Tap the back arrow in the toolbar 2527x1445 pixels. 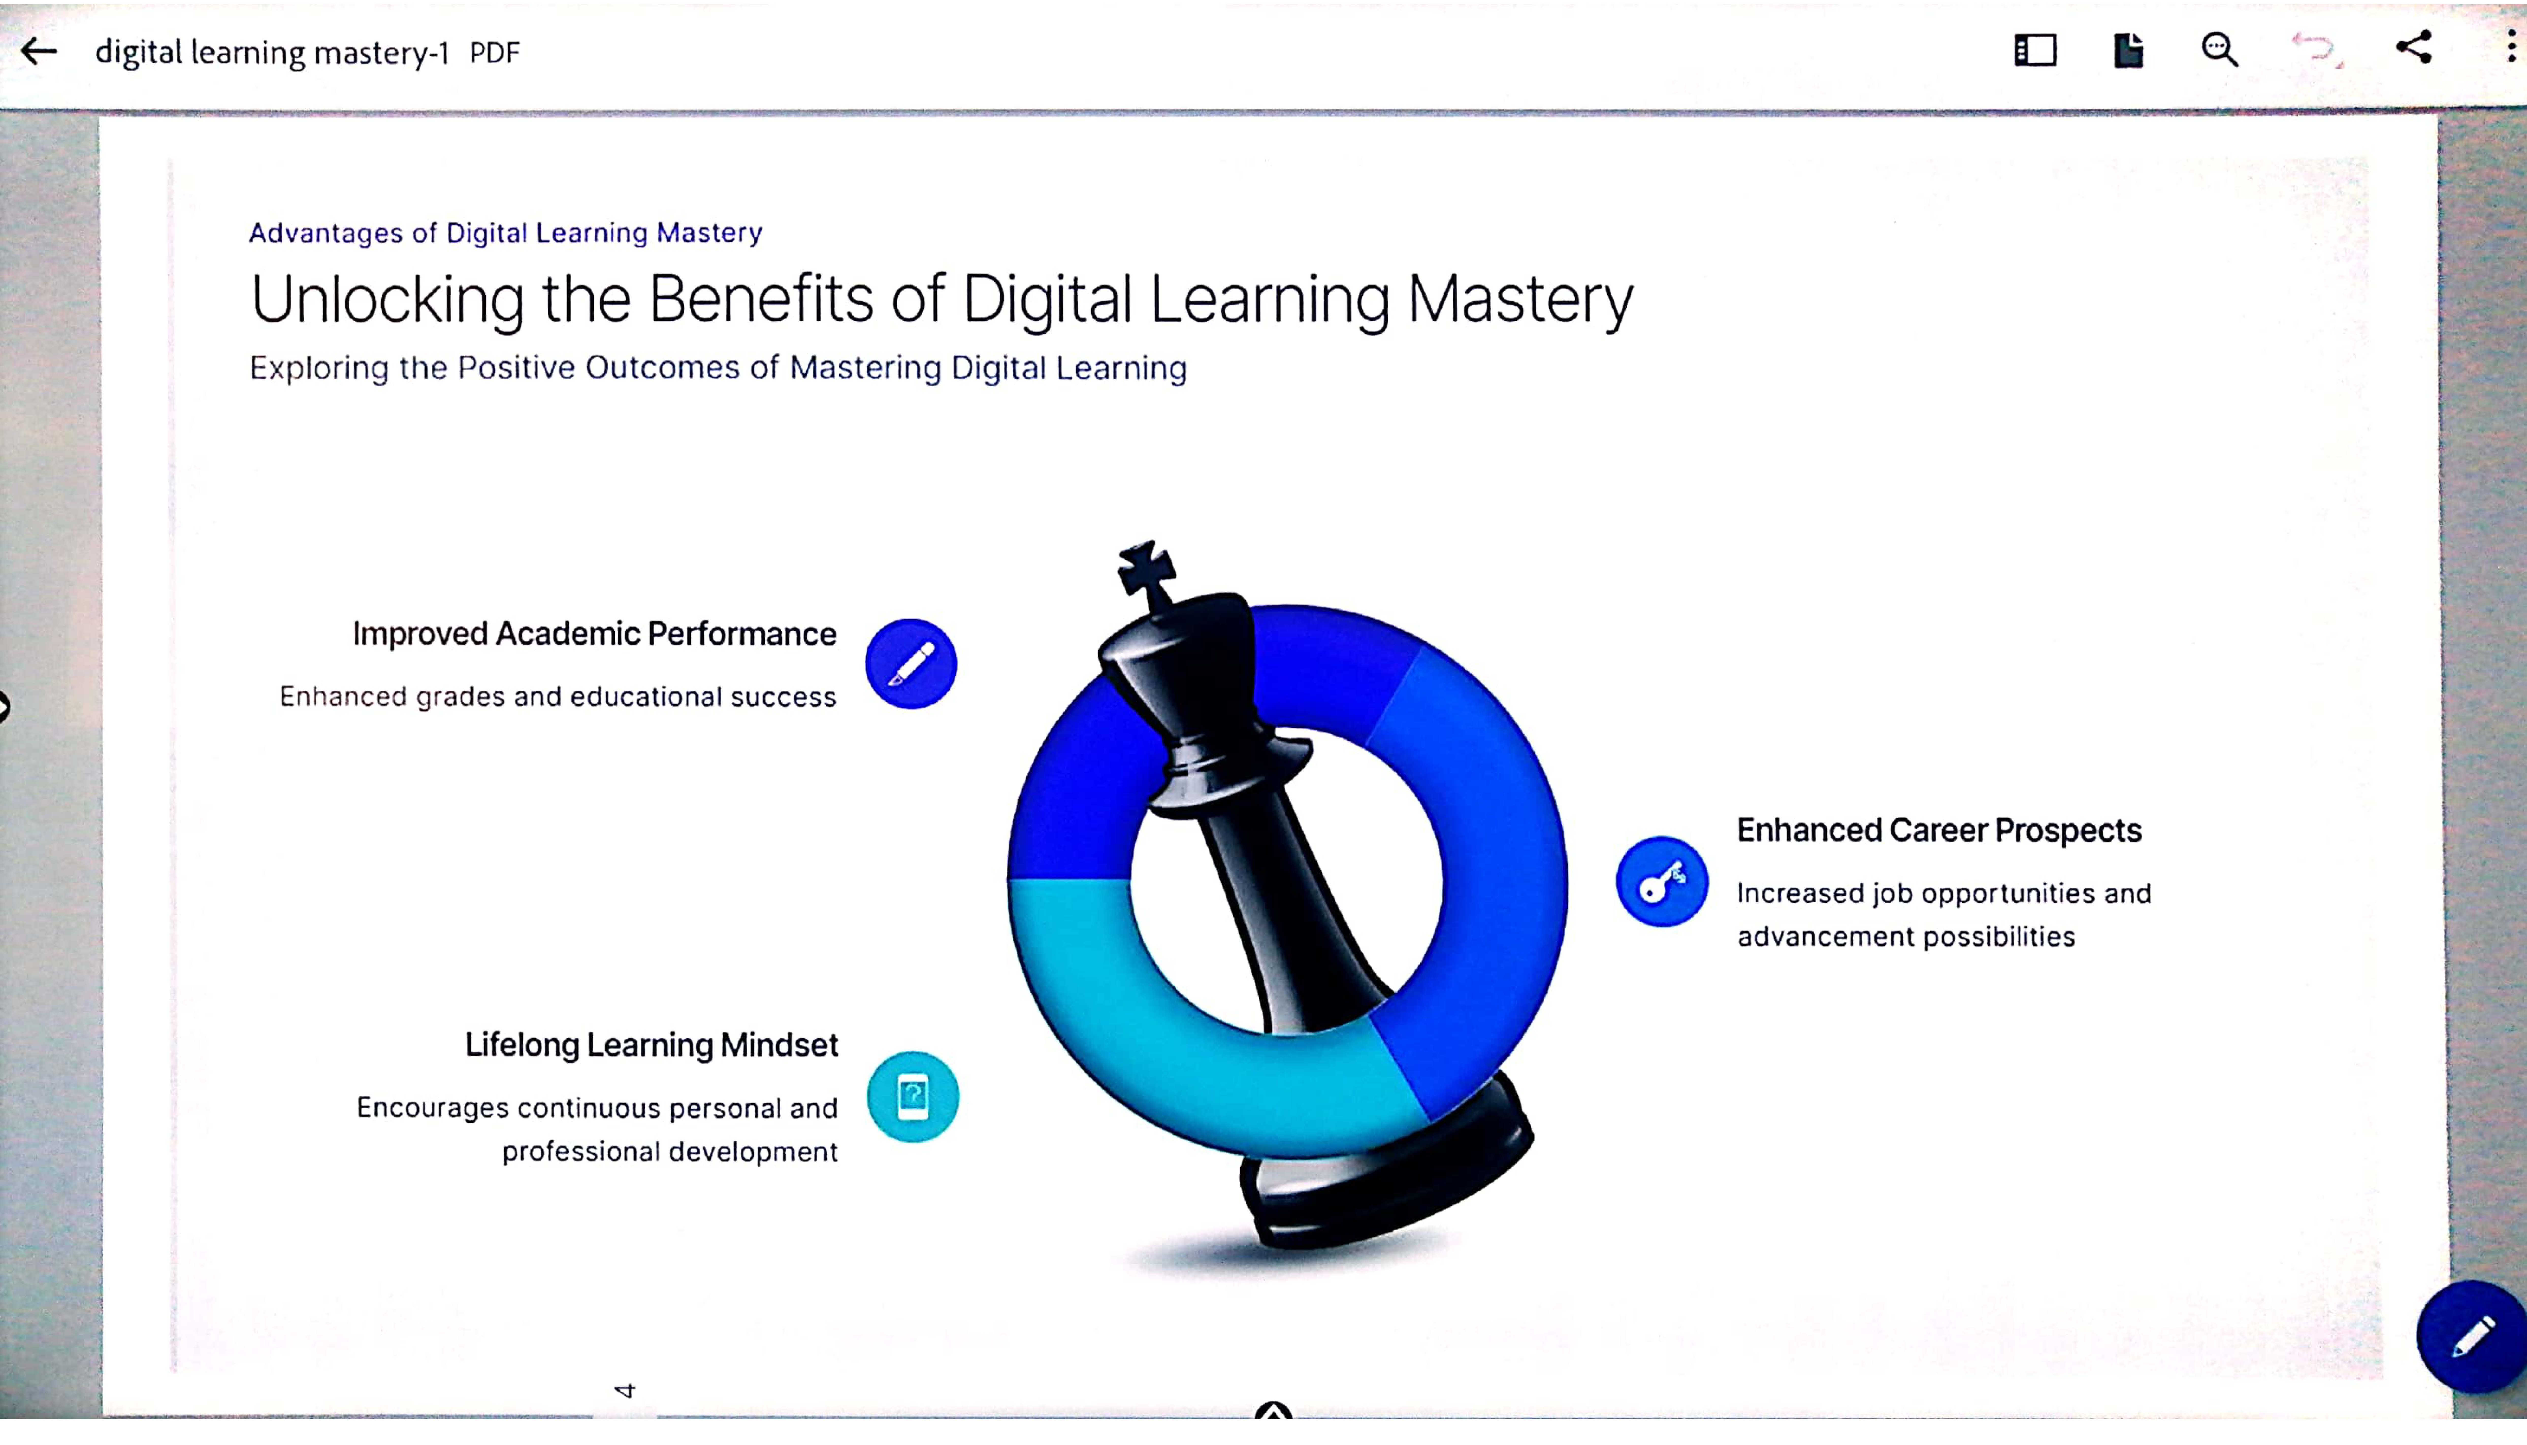tap(39, 51)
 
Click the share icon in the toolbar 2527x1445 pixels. tap(2414, 48)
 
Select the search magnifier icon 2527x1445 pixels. tap(2219, 50)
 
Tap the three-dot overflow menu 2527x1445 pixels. tap(2511, 47)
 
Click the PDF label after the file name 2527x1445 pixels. tap(494, 53)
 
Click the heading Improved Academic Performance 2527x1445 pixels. tap(594, 634)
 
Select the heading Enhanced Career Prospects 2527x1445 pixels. tap(1938, 830)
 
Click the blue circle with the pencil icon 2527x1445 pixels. tap(911, 664)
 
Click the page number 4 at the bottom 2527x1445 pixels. tap(624, 1390)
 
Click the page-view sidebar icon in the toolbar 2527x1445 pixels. tap(2035, 50)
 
